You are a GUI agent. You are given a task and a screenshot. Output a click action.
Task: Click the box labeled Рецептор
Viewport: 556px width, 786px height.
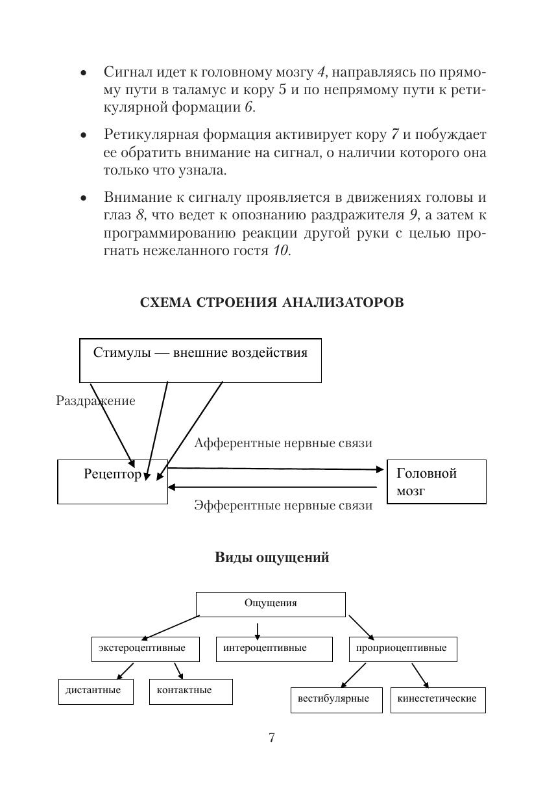(112, 482)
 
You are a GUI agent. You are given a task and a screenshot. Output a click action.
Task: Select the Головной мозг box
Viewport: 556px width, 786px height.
(436, 482)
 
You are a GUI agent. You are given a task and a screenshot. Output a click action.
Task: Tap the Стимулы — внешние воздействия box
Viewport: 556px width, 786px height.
(200, 360)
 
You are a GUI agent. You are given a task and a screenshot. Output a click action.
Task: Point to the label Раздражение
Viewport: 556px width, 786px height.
(95, 401)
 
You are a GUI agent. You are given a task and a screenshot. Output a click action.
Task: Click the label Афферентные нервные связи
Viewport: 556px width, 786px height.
(283, 443)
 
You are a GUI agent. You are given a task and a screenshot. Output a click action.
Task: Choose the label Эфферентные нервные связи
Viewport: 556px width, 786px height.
(283, 506)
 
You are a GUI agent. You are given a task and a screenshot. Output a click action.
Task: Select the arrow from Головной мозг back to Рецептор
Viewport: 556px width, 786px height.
(272, 487)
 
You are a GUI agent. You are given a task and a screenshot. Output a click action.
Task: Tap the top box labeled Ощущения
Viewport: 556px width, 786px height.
(271, 604)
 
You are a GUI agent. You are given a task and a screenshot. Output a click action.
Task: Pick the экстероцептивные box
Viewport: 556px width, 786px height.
(142, 648)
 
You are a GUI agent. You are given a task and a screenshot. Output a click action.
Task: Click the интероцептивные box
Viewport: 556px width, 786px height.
(274, 648)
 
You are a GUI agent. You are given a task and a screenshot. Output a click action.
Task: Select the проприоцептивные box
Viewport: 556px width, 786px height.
(402, 648)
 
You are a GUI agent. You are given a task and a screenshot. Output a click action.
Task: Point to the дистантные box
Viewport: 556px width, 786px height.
(95, 691)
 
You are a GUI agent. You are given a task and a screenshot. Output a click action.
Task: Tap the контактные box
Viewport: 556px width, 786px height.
(190, 691)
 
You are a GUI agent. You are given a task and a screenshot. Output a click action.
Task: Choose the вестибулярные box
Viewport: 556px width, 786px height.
(336, 700)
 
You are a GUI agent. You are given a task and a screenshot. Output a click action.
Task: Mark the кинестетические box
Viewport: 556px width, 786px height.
(437, 700)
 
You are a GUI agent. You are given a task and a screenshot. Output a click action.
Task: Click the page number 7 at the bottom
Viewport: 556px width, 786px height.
(272, 737)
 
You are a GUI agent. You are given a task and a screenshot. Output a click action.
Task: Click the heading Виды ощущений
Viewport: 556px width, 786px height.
(272, 558)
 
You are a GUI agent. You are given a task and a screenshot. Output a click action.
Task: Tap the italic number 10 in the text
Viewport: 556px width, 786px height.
(281, 251)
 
